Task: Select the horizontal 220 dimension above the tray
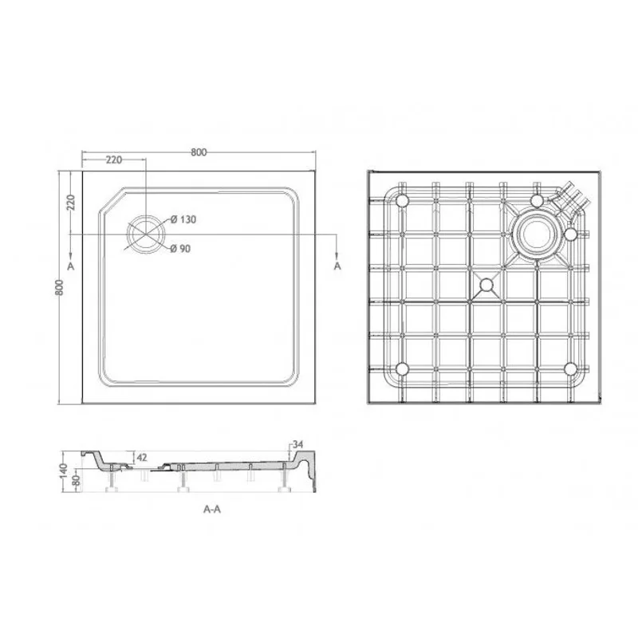coord(113,159)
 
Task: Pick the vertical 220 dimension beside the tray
coord(70,203)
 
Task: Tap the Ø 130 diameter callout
coord(183,219)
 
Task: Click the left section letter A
coord(71,265)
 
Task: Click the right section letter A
coord(337,265)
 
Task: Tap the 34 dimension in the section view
coord(299,444)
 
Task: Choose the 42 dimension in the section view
coord(143,457)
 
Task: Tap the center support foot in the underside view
coord(485,283)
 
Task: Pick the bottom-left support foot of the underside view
coord(402,368)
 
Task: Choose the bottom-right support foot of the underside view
coord(570,368)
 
